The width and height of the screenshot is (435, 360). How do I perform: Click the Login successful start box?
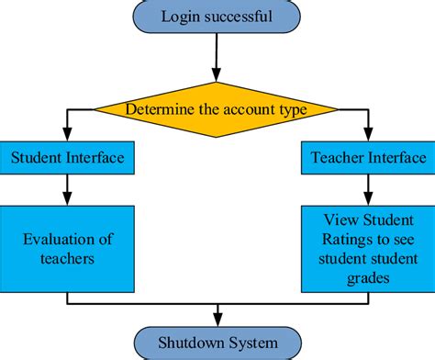point(217,16)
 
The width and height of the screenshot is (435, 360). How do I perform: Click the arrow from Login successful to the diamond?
point(217,60)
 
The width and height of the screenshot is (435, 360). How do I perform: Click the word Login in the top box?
point(181,16)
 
